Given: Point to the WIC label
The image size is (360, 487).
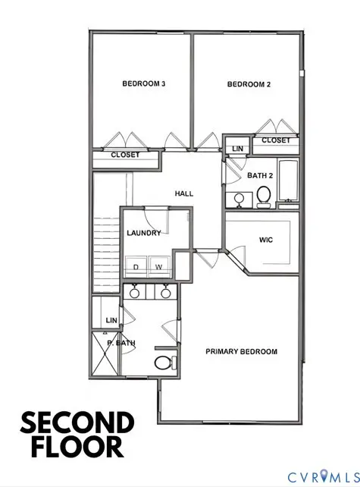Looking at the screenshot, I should pos(265,240).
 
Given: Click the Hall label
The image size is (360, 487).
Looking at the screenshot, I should pos(184,193).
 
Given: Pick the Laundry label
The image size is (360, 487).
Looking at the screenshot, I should pos(144,233).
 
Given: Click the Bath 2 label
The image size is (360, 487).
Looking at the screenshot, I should pos(260,176).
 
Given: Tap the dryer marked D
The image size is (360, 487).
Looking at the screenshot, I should pos(136,267).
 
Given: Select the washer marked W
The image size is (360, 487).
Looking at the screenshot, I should pos(159,267).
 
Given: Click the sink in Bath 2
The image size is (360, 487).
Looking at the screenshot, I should pos(238,199).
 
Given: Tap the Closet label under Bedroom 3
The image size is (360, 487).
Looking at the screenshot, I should pos(126,155).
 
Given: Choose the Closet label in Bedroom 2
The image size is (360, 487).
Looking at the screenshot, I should pos(276,140).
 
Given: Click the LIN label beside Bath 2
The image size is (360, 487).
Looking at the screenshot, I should pos(237,149).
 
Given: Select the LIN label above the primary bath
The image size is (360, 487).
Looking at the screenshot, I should pos(111,320).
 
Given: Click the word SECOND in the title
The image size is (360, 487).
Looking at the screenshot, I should pos(77,423).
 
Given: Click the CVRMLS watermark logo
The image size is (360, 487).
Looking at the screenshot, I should pos(321,476).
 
